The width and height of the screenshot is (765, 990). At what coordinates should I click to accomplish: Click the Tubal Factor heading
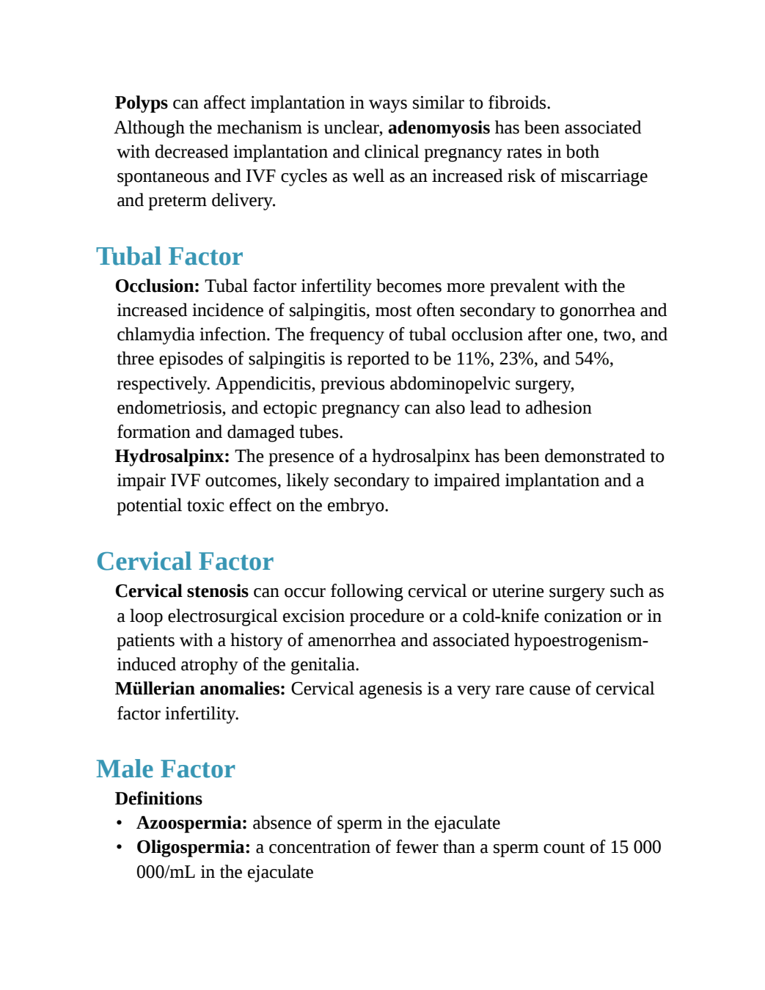[x=169, y=257]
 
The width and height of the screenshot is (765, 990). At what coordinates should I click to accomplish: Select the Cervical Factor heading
[x=185, y=561]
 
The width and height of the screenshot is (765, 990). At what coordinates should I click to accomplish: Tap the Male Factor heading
[x=165, y=769]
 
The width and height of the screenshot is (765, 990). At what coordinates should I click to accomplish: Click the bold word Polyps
[x=142, y=103]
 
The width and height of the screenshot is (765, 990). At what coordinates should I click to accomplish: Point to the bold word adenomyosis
[x=439, y=128]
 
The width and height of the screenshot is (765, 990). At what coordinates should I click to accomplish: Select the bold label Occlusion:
[x=157, y=286]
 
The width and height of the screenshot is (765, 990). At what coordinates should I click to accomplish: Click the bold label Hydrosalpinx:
[x=172, y=457]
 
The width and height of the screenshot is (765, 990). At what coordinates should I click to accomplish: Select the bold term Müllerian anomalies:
[x=200, y=689]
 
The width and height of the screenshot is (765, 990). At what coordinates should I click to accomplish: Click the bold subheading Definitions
[x=158, y=799]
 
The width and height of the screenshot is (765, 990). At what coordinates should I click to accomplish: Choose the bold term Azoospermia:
[x=192, y=824]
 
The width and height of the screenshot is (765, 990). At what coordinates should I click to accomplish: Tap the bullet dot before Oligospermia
[x=119, y=848]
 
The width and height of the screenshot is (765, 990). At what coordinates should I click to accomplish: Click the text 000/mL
[x=166, y=872]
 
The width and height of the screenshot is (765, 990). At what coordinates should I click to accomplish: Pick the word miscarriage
[x=604, y=177]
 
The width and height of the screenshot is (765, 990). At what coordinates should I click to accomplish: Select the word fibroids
[x=519, y=103]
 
